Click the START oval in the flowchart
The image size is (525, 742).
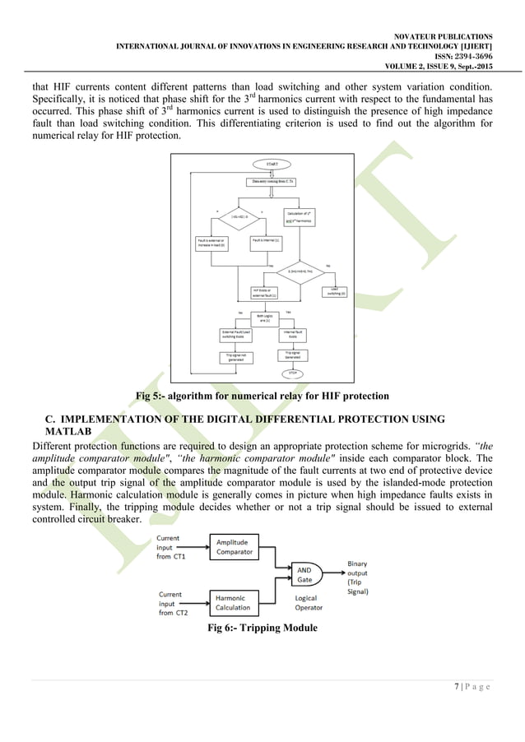click(272, 165)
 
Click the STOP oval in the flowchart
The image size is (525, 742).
click(291, 373)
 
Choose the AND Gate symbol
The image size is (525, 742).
click(306, 573)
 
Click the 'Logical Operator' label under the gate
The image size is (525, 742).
click(308, 603)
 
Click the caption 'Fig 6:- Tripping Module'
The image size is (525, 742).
click(262, 631)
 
